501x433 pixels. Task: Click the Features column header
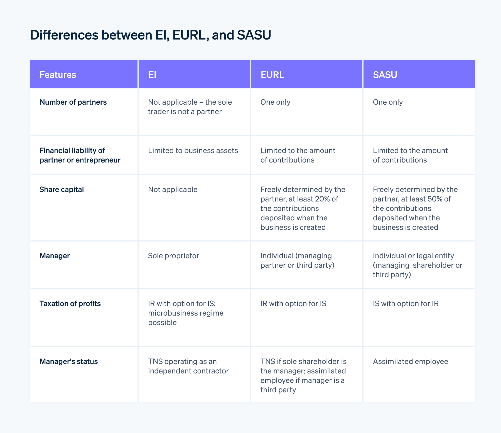click(58, 75)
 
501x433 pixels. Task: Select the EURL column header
click(272, 75)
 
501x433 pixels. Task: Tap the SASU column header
click(385, 75)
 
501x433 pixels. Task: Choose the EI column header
click(152, 75)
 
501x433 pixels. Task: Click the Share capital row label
click(62, 190)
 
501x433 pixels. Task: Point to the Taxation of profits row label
click(70, 304)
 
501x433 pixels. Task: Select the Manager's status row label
click(69, 361)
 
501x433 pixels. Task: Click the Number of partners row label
click(73, 102)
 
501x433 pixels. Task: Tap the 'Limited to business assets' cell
click(193, 151)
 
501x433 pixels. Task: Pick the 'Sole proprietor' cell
click(173, 256)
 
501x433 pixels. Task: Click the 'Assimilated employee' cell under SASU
click(411, 361)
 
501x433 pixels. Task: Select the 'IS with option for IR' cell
click(406, 304)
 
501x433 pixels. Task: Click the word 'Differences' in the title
click(64, 35)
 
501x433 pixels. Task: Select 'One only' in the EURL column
click(275, 102)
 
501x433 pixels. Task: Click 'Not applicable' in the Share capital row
click(173, 190)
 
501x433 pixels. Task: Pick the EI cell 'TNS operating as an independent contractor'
click(188, 366)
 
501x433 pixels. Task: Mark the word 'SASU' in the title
click(254, 35)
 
